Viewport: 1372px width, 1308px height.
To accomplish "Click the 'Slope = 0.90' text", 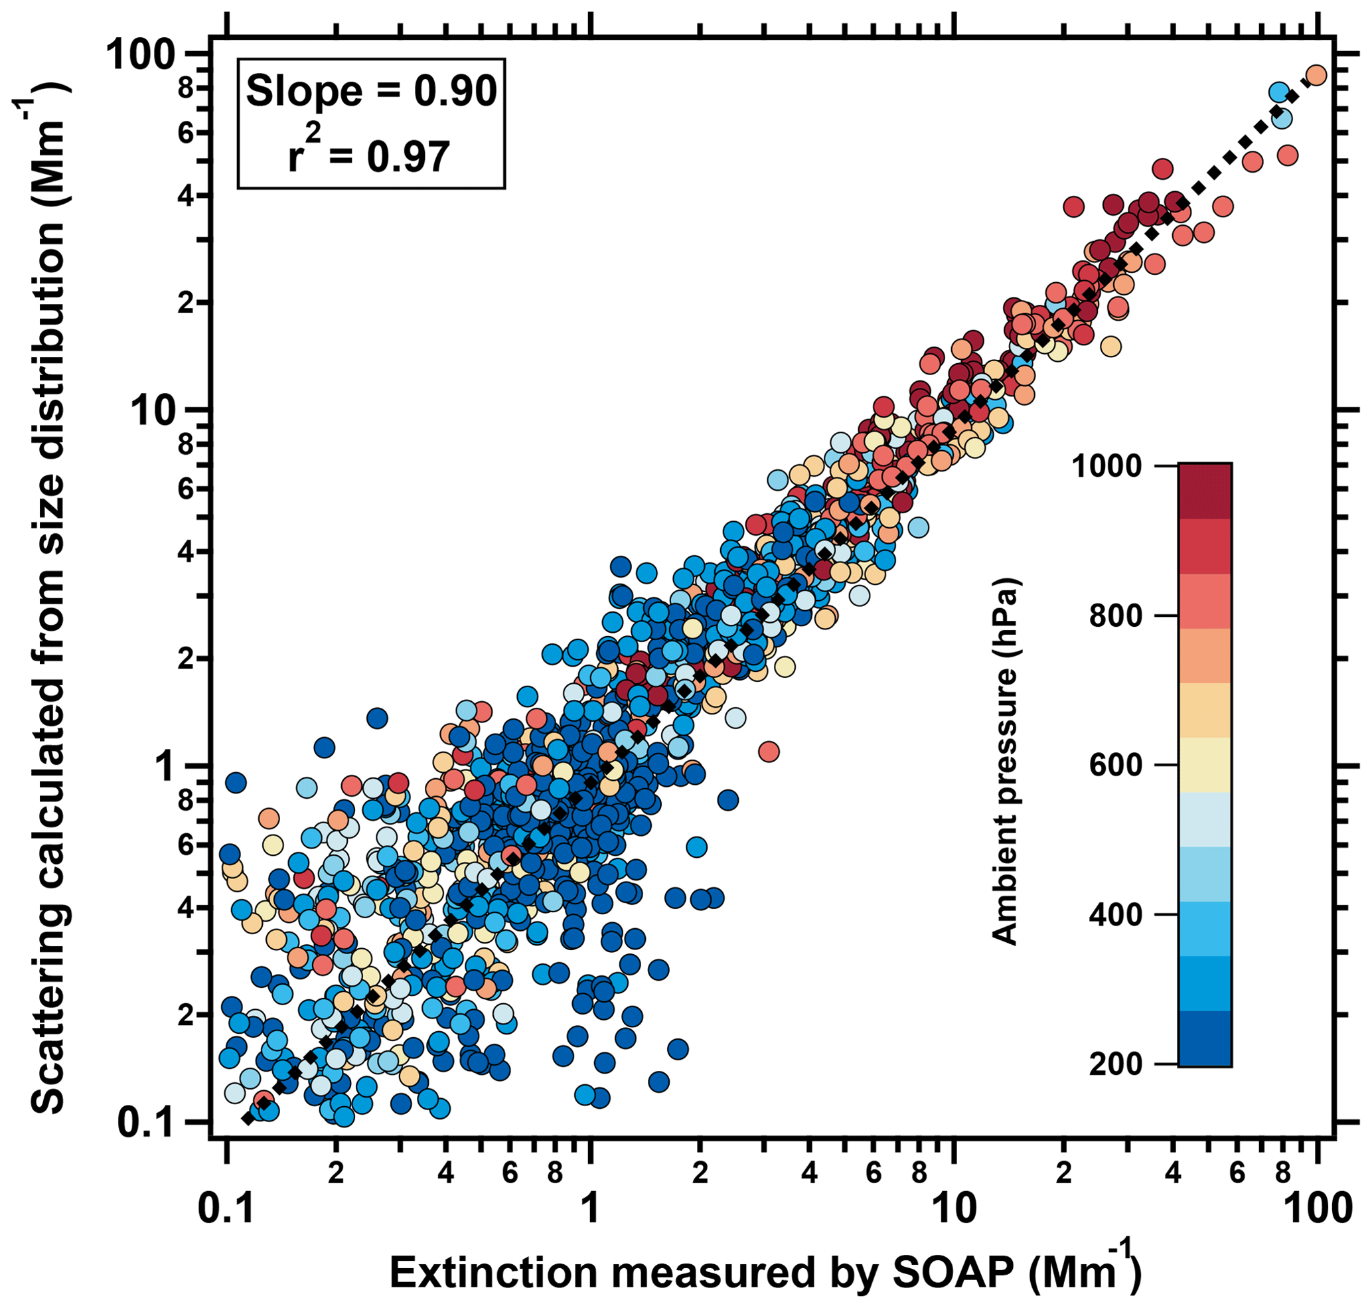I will tap(371, 92).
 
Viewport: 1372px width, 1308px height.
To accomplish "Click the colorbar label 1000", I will tap(1107, 465).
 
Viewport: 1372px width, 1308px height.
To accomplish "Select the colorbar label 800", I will tap(1115, 615).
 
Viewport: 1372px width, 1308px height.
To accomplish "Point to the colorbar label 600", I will tap(1115, 765).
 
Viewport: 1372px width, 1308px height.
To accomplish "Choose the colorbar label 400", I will tap(1115, 914).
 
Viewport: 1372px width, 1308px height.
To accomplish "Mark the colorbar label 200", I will tap(1115, 1064).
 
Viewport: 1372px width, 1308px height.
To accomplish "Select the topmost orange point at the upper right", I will tap(1316, 75).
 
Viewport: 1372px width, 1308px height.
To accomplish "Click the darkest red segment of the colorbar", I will tap(1205, 490).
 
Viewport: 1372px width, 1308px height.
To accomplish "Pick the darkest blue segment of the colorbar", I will tap(1205, 1038).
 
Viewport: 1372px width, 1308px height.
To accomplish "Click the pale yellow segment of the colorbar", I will tap(1205, 765).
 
